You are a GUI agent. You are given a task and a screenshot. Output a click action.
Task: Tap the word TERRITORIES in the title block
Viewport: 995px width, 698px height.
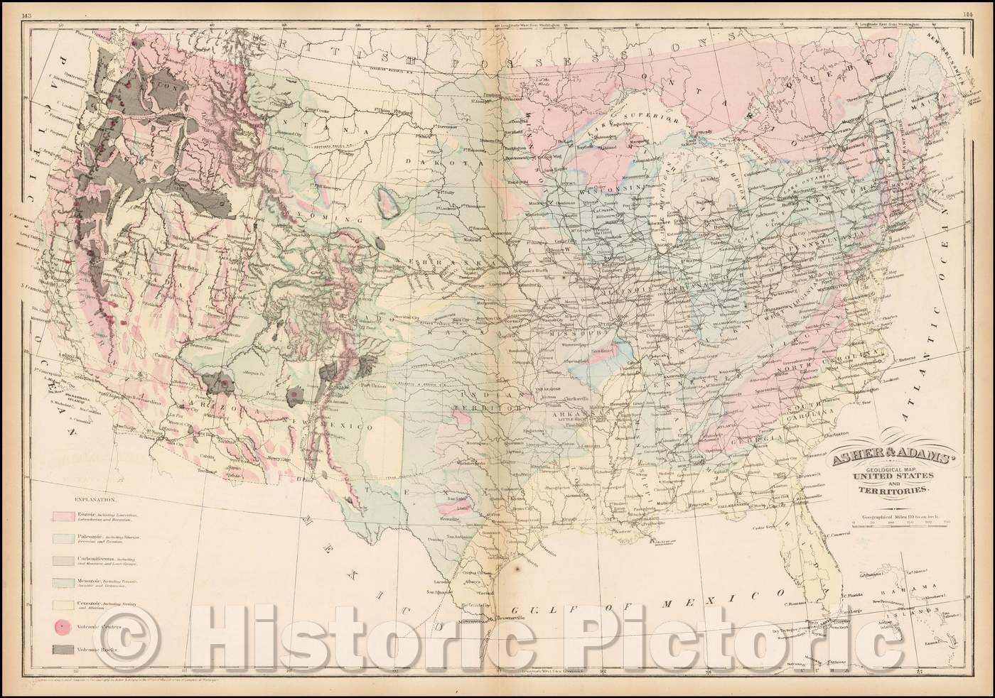899,490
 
